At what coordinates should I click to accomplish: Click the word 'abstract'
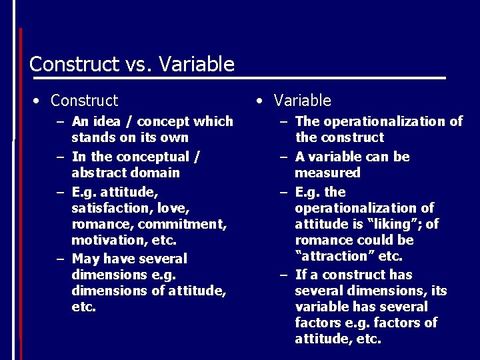(98, 173)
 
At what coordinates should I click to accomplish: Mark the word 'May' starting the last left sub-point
(85, 259)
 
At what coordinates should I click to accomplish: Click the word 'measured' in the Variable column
(327, 173)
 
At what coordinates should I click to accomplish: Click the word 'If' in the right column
(301, 275)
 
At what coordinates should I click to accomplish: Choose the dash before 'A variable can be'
(283, 157)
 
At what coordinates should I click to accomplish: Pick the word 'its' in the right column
(438, 291)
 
